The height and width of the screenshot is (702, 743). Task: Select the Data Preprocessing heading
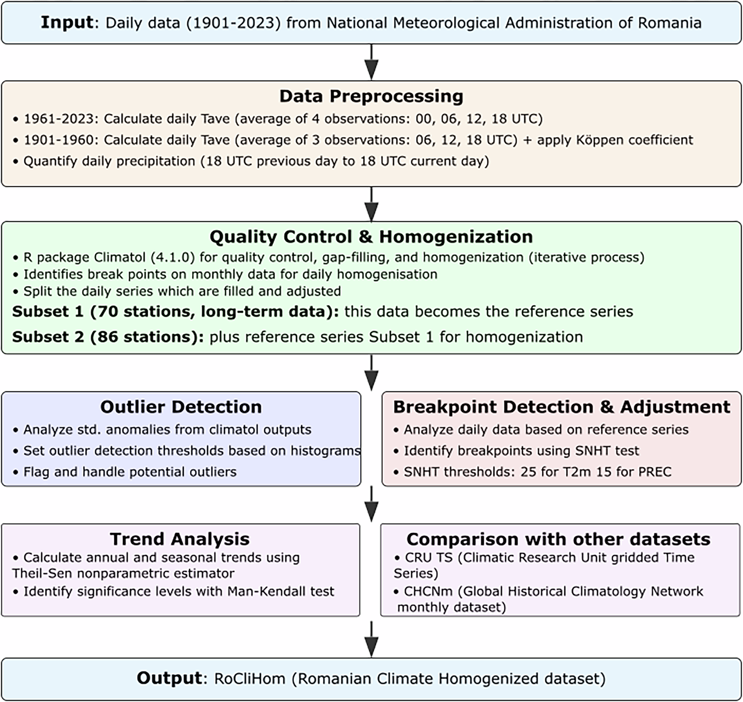click(x=371, y=96)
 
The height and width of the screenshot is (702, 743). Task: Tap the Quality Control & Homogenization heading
click(x=371, y=236)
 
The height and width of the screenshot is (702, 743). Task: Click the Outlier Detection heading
click(x=181, y=407)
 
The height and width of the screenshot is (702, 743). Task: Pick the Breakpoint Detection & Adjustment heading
click(x=561, y=407)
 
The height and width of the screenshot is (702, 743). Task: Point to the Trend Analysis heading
click(x=180, y=539)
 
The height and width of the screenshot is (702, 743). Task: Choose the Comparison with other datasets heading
click(x=558, y=539)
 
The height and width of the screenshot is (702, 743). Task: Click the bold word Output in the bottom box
click(x=169, y=678)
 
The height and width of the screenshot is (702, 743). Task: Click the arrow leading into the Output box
click(x=371, y=639)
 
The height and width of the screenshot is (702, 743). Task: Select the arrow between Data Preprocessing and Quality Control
click(x=371, y=204)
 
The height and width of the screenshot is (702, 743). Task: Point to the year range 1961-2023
click(x=60, y=119)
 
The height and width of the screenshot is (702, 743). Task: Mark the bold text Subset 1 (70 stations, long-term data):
click(x=176, y=312)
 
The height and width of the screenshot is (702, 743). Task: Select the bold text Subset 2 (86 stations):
click(x=108, y=337)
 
